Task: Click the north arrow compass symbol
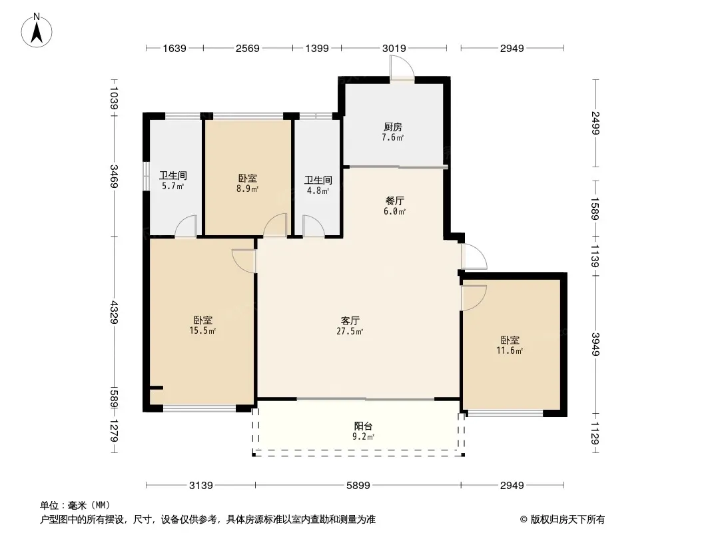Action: point(37,31)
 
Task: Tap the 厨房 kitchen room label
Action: point(392,132)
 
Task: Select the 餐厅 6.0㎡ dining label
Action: point(394,206)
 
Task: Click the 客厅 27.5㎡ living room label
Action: point(350,326)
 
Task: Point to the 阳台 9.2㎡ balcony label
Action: point(363,431)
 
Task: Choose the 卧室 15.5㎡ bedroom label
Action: point(202,325)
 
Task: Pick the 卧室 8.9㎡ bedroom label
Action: point(247,183)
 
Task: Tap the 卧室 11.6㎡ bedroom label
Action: point(510,345)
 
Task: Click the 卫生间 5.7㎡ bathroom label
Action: point(173,181)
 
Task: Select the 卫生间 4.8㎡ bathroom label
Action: point(318,185)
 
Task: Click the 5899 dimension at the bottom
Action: point(358,486)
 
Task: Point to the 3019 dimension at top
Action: point(394,48)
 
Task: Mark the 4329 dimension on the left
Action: point(114,312)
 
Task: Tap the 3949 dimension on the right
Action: point(595,344)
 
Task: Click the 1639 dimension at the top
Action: point(175,48)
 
